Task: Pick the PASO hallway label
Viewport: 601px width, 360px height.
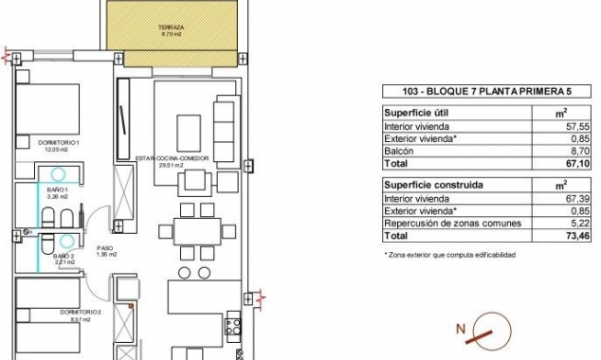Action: [x=106, y=250]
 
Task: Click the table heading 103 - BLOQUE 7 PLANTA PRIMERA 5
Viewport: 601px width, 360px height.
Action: [x=472, y=92]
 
